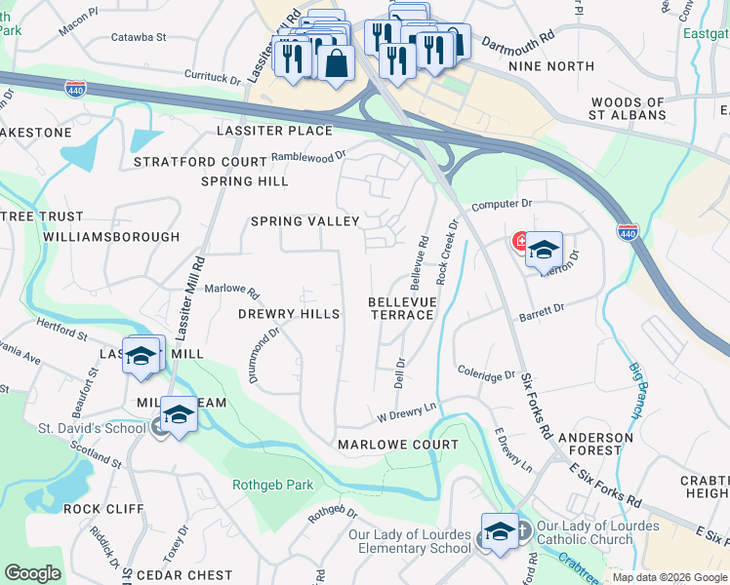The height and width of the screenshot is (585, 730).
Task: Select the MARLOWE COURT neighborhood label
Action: pyautogui.click(x=397, y=445)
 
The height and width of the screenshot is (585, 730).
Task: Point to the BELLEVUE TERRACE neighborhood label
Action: pyautogui.click(x=400, y=308)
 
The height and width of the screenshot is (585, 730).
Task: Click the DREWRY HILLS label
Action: pyautogui.click(x=289, y=314)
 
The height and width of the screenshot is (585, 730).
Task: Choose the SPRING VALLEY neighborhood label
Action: pyautogui.click(x=305, y=222)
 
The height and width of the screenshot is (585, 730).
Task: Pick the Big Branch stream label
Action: pyautogui.click(x=636, y=390)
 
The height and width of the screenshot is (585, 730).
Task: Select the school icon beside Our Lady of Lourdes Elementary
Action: pyautogui.click(x=500, y=532)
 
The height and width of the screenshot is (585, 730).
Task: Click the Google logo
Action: pyautogui.click(x=32, y=573)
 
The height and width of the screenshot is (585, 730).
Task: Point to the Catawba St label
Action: pyautogui.click(x=139, y=37)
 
